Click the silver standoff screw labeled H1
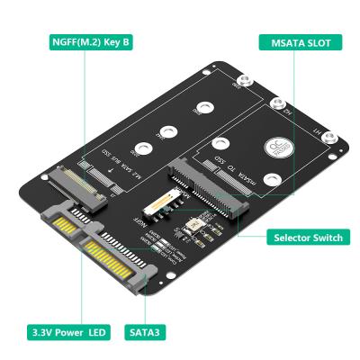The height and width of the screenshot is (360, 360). point(330,139)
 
